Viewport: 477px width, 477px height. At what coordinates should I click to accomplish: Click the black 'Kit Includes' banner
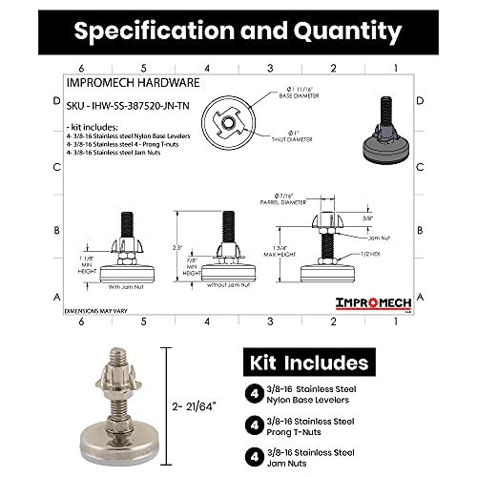(308, 363)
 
